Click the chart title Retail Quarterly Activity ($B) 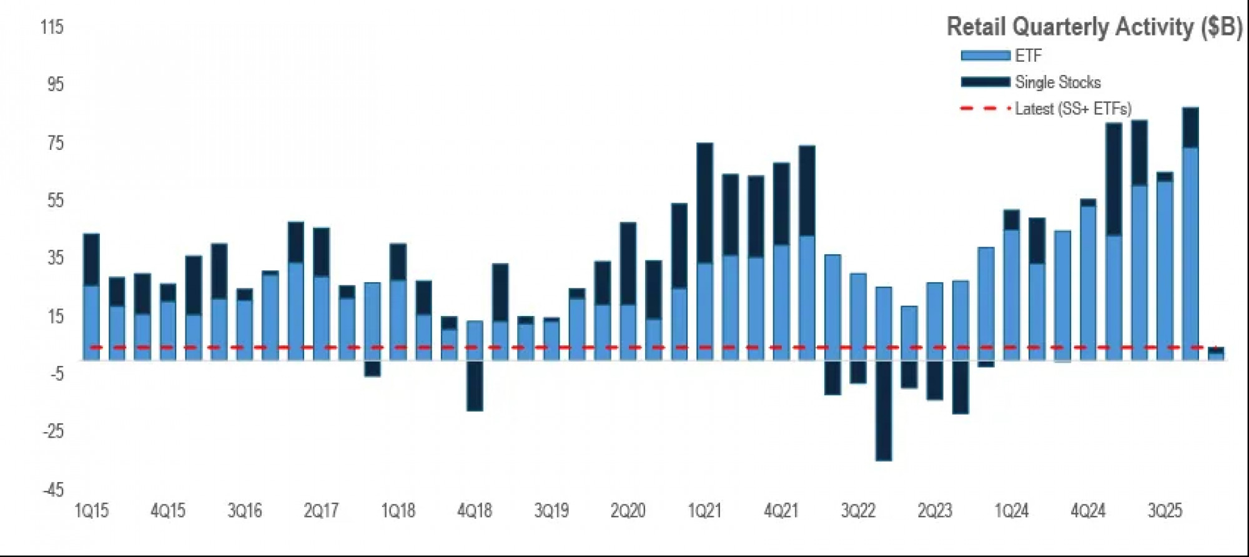pyautogui.click(x=1093, y=27)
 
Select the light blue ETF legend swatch pyautogui.click(x=985, y=56)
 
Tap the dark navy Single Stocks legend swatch pyautogui.click(x=985, y=82)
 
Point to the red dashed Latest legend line pyautogui.click(x=985, y=109)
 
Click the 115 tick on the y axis pyautogui.click(x=52, y=27)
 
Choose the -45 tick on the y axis pyautogui.click(x=53, y=489)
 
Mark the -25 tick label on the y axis pyautogui.click(x=53, y=431)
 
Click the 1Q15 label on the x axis pyautogui.click(x=91, y=511)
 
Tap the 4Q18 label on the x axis pyautogui.click(x=475, y=511)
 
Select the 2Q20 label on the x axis pyautogui.click(x=628, y=511)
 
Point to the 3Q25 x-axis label pyautogui.click(x=1165, y=511)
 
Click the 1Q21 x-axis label pyautogui.click(x=704, y=511)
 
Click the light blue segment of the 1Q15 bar pyautogui.click(x=91, y=322)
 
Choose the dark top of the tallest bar pyautogui.click(x=1190, y=127)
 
